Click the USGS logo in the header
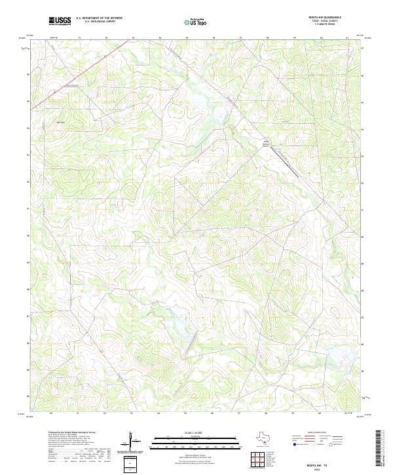[60, 22]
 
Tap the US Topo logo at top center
[196, 22]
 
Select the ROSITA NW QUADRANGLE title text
[330, 18]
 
